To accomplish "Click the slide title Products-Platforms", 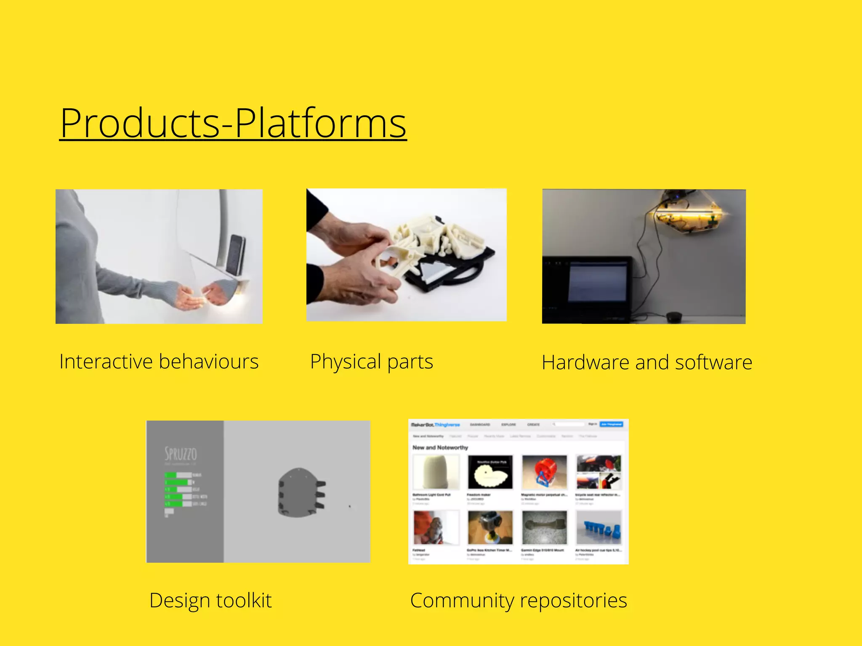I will click(x=233, y=123).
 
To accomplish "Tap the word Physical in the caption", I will click(x=346, y=362).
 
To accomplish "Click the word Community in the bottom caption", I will click(x=462, y=601).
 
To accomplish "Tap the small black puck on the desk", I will click(x=674, y=316).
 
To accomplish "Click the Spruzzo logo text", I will click(x=181, y=454).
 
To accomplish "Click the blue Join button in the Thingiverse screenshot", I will click(x=611, y=424).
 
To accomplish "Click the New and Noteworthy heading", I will click(x=440, y=447).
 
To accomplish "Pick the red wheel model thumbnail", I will click(x=544, y=471).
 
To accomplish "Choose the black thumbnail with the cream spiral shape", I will click(x=490, y=472).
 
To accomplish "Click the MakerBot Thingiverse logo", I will click(x=435, y=425).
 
